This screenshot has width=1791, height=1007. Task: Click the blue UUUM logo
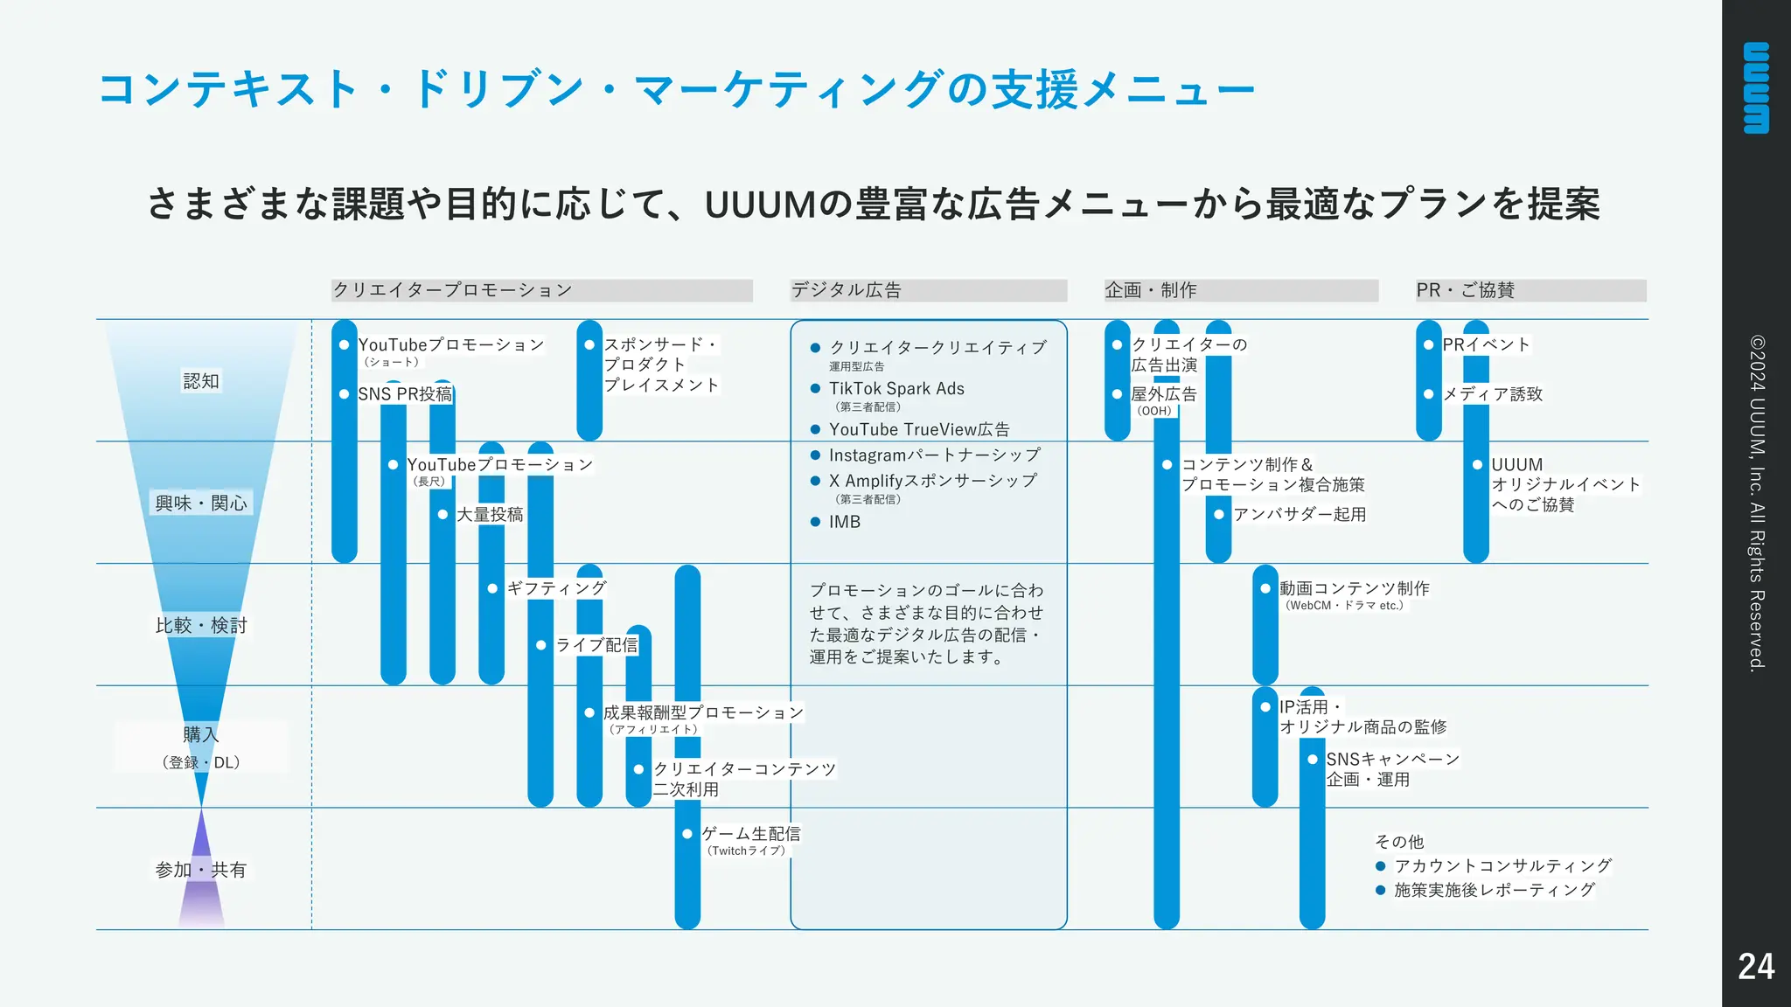(x=1756, y=87)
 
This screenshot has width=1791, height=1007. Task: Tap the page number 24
(x=1756, y=967)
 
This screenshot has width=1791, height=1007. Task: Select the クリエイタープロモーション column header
(x=452, y=290)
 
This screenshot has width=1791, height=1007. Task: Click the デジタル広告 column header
(x=846, y=290)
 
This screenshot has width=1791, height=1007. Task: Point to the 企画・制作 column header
(x=1150, y=290)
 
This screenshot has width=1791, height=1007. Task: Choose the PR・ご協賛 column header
(x=1465, y=290)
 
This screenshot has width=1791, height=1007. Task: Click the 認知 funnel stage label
(x=201, y=381)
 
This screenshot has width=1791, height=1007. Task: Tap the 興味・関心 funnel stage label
(x=201, y=503)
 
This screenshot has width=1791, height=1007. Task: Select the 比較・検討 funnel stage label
(x=201, y=625)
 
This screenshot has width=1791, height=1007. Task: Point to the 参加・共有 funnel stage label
(x=201, y=870)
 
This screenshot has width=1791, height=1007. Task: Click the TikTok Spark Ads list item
(x=896, y=389)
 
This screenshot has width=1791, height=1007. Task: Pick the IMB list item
(x=845, y=522)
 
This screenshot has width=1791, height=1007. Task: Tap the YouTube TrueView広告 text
(x=919, y=430)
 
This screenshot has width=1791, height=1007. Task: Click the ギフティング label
(x=556, y=588)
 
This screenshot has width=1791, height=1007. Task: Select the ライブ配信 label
(x=596, y=645)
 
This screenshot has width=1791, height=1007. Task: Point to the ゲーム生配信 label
(x=750, y=834)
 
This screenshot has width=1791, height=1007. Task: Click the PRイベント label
(x=1486, y=345)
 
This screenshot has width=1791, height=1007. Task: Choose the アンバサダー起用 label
(x=1300, y=514)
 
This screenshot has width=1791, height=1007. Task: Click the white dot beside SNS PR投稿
(x=345, y=394)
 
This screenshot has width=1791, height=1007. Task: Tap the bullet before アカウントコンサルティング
(x=1380, y=866)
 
